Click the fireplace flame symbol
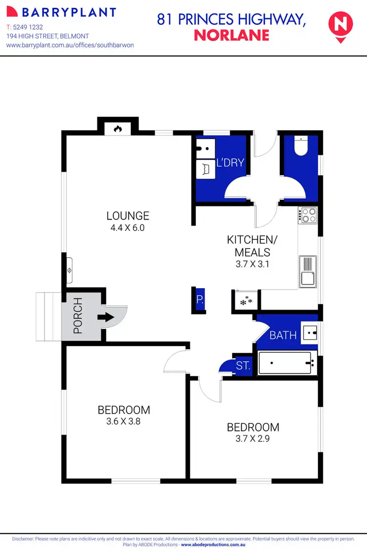pyautogui.click(x=117, y=129)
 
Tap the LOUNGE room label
pyautogui.click(x=128, y=216)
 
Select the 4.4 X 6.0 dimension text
pyautogui.click(x=128, y=228)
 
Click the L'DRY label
pyautogui.click(x=229, y=163)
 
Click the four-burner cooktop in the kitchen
pyautogui.click(x=309, y=215)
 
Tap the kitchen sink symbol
pyautogui.click(x=308, y=272)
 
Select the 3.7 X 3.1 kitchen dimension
pyautogui.click(x=252, y=264)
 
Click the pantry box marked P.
pyautogui.click(x=200, y=299)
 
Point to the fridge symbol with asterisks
pyautogui.click(x=246, y=300)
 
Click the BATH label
pyautogui.click(x=283, y=335)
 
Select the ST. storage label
pyautogui.click(x=243, y=366)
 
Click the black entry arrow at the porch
pyautogui.click(x=105, y=317)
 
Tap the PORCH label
pyautogui.click(x=77, y=317)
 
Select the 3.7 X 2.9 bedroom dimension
pyautogui.click(x=253, y=438)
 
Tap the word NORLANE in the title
pyautogui.click(x=231, y=35)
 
